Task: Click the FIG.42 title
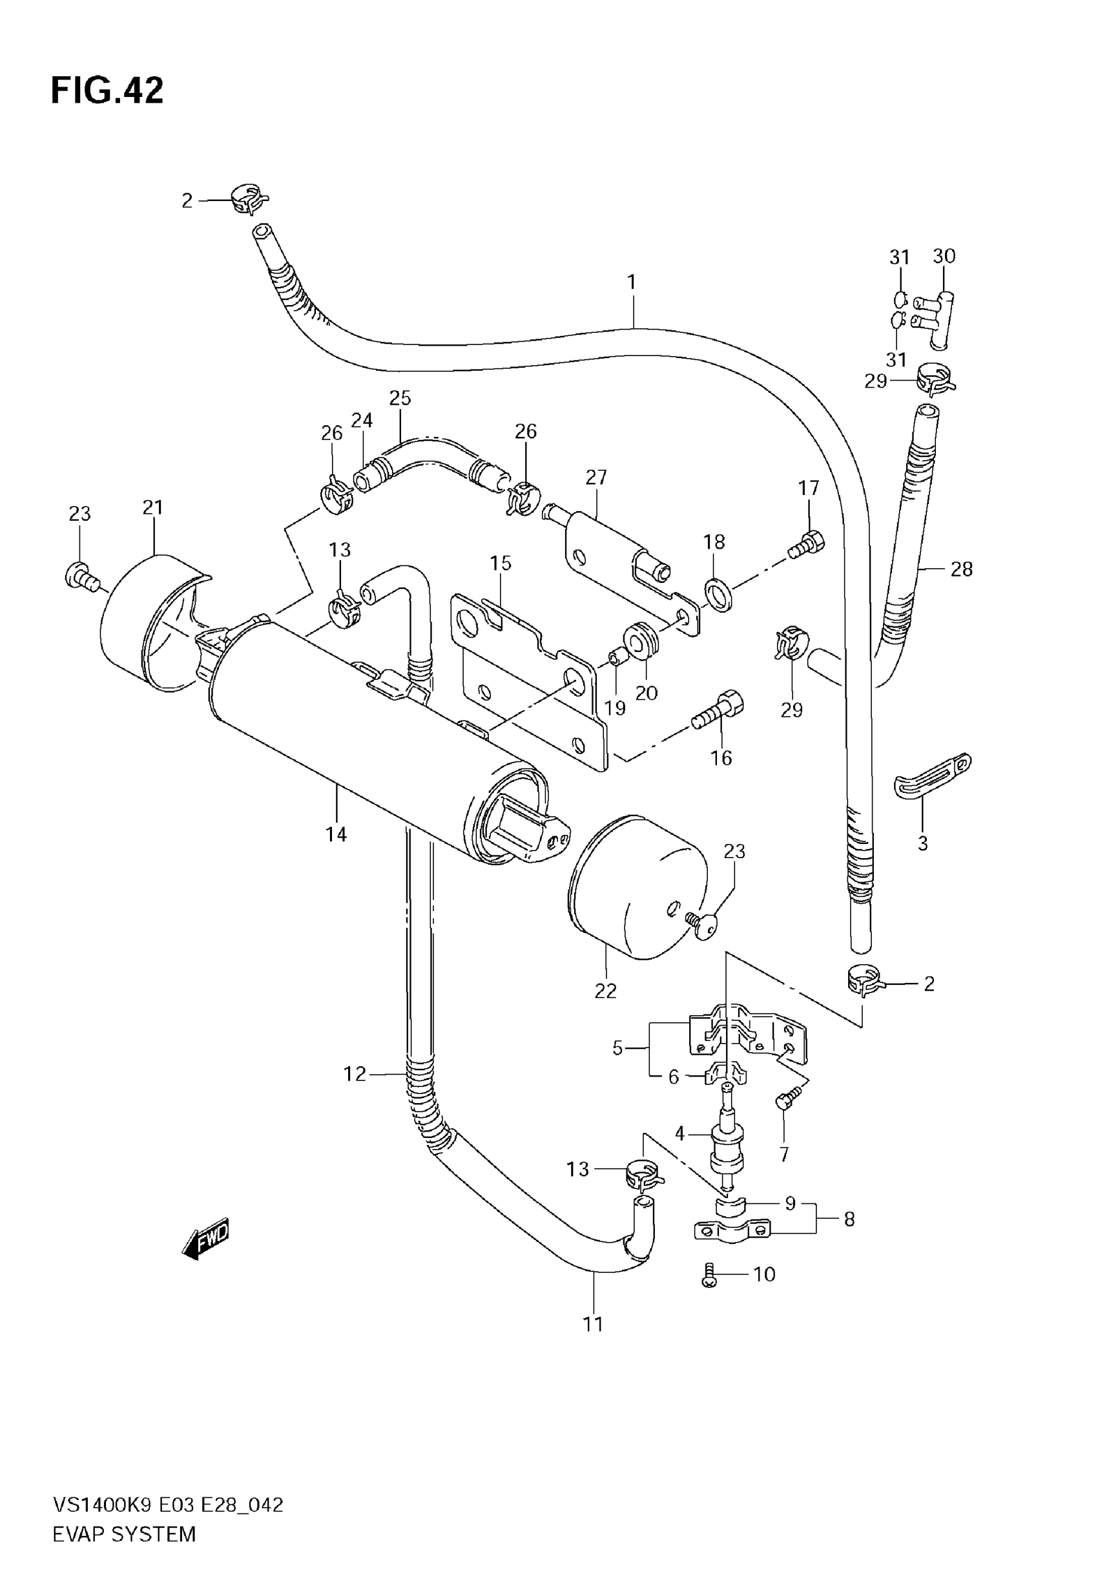tap(107, 90)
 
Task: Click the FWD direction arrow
tap(205, 1240)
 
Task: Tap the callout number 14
tap(336, 835)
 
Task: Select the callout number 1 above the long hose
tap(632, 282)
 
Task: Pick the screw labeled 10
tap(709, 1275)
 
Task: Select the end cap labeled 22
tap(637, 887)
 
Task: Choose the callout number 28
tap(962, 569)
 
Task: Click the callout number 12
tap(355, 1073)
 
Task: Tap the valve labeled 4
tap(726, 1148)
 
